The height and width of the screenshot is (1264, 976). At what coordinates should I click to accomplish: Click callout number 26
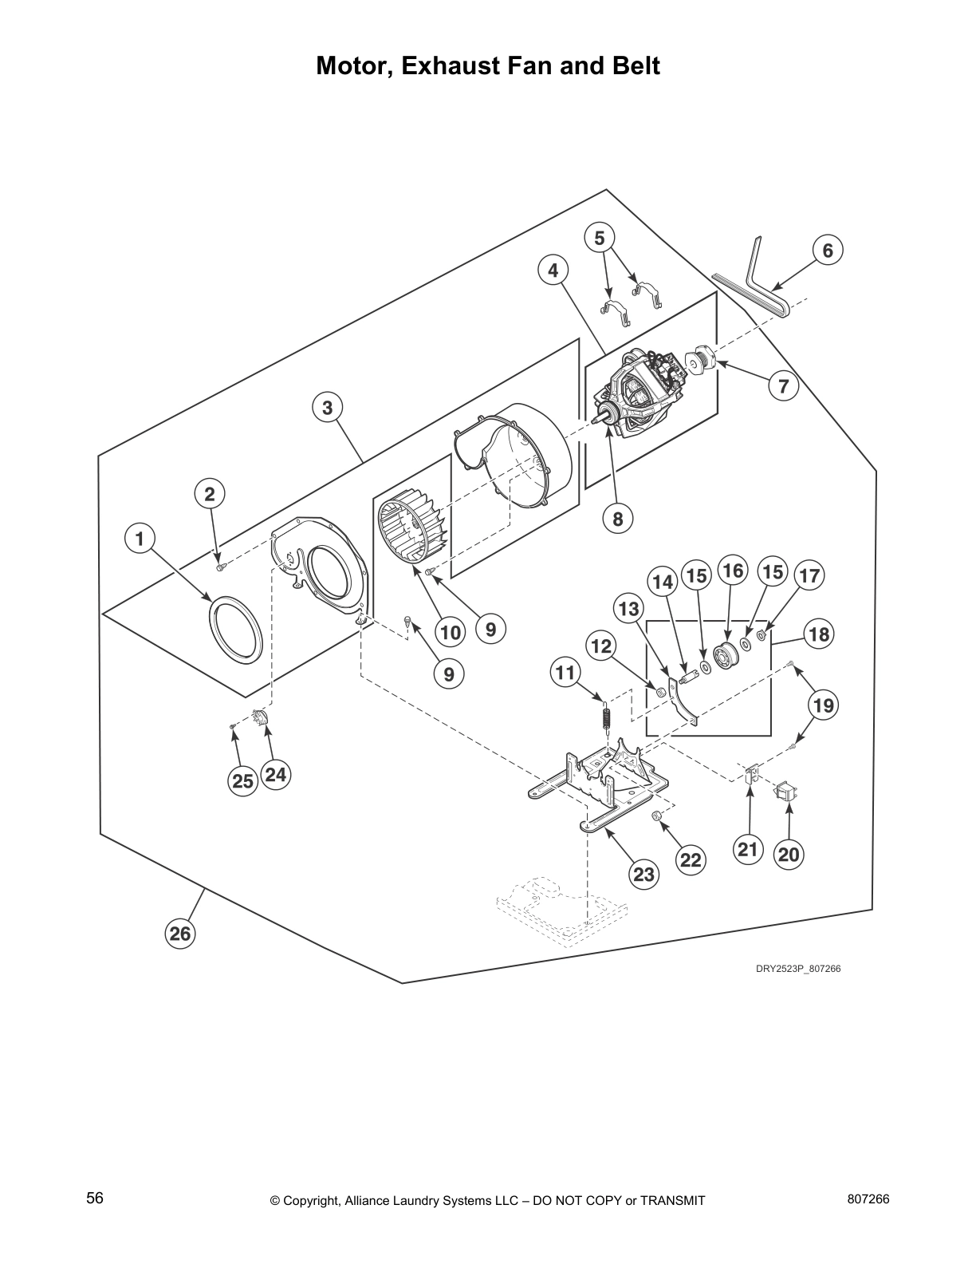pos(180,932)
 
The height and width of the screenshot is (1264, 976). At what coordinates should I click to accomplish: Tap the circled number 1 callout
pos(140,539)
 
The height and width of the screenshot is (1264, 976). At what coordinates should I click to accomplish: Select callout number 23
pos(643,874)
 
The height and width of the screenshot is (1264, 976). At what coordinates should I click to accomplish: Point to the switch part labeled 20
pos(787,793)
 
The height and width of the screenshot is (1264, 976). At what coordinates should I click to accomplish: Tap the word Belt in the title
pos(633,65)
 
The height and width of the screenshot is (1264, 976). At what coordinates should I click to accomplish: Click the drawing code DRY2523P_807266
pos(798,969)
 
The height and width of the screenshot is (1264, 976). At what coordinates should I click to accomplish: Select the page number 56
pos(95,1199)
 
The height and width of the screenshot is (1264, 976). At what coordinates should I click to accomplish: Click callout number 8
pos(617,519)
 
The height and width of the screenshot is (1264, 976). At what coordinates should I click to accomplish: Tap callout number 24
pos(275,774)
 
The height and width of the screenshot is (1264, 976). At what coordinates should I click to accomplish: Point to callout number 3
pos(326,408)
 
